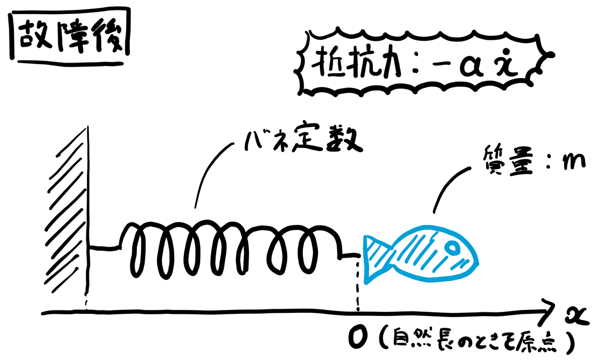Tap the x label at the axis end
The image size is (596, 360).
576,316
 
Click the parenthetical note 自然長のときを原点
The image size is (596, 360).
477,341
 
